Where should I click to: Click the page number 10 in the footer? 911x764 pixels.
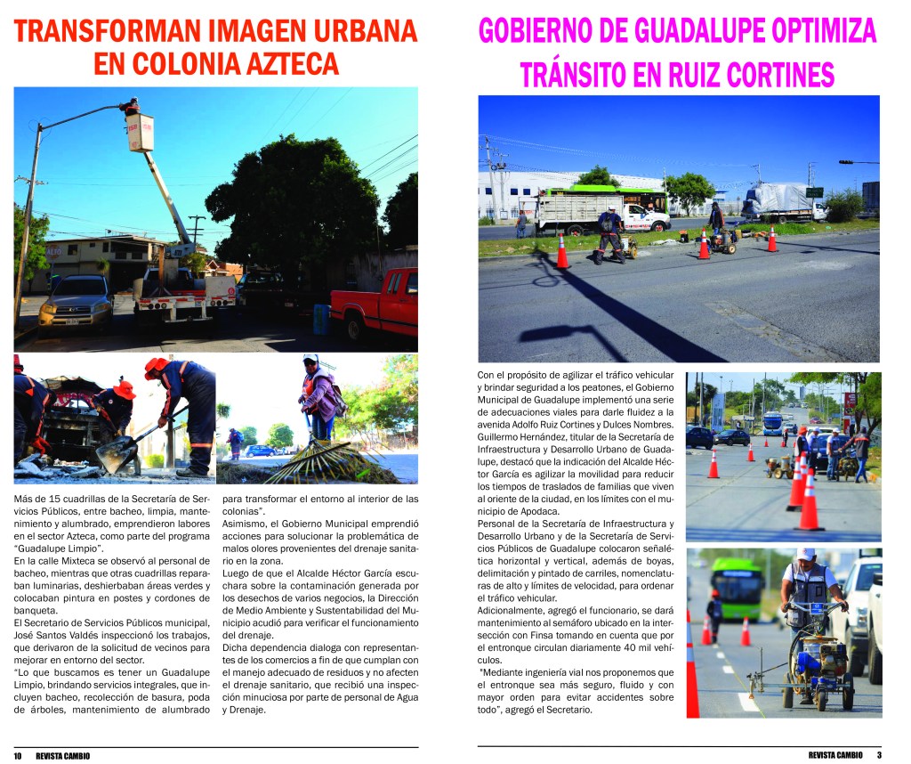(x=18, y=755)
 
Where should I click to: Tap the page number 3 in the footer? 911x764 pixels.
(x=878, y=755)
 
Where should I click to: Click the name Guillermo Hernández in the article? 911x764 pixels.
(x=520, y=437)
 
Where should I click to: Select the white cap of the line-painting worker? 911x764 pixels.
(x=806, y=554)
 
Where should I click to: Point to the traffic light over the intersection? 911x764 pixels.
(x=845, y=162)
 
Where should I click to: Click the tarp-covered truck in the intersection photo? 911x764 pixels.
(x=781, y=203)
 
